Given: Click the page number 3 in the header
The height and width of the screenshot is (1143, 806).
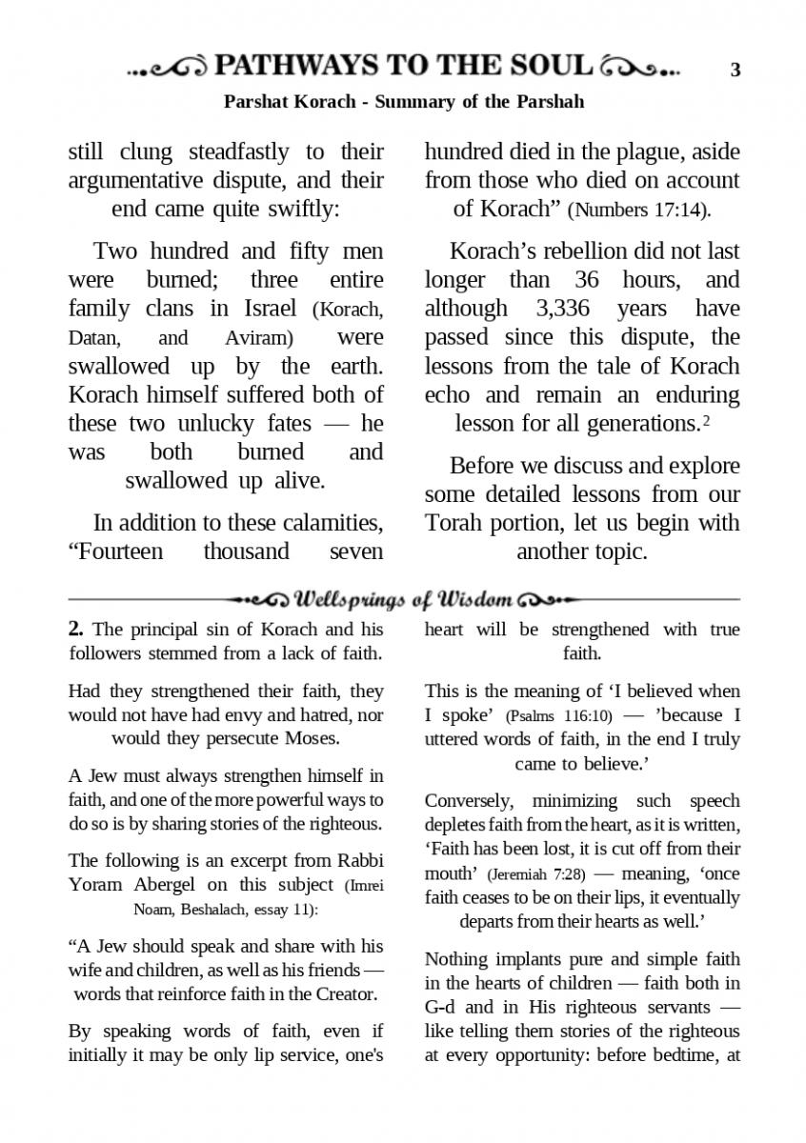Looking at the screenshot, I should tap(735, 70).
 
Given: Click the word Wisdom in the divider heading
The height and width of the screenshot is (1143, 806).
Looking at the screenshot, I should tap(471, 599).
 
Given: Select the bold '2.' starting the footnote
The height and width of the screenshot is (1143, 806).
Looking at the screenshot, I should tap(77, 630).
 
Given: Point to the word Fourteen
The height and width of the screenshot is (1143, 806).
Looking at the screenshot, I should tap(117, 551).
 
